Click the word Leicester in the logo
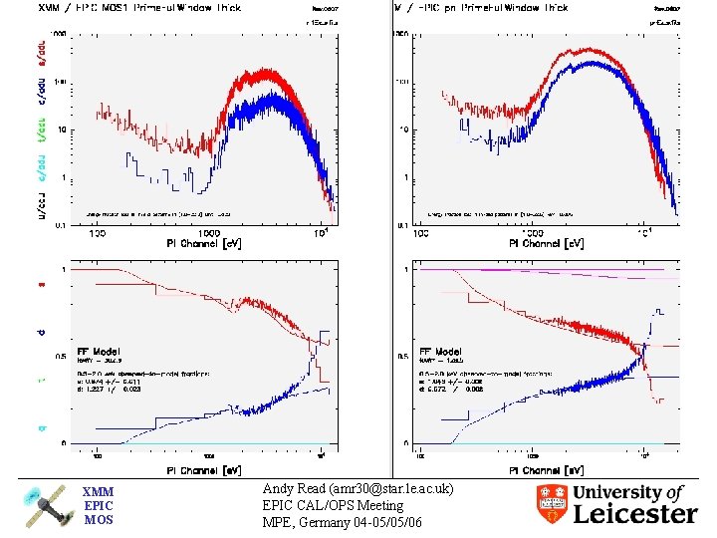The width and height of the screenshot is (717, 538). click(635, 514)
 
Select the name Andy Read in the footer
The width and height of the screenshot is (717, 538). click(297, 490)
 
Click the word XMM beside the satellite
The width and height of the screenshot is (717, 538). click(98, 492)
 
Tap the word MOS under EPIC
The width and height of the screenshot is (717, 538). click(98, 519)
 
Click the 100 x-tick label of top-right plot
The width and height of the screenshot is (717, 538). click(421, 234)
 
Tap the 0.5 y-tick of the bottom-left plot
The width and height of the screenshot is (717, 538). click(87, 357)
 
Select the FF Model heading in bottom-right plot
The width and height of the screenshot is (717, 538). click(439, 352)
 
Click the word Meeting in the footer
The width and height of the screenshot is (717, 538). click(374, 506)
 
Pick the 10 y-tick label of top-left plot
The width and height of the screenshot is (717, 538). click(87, 130)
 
